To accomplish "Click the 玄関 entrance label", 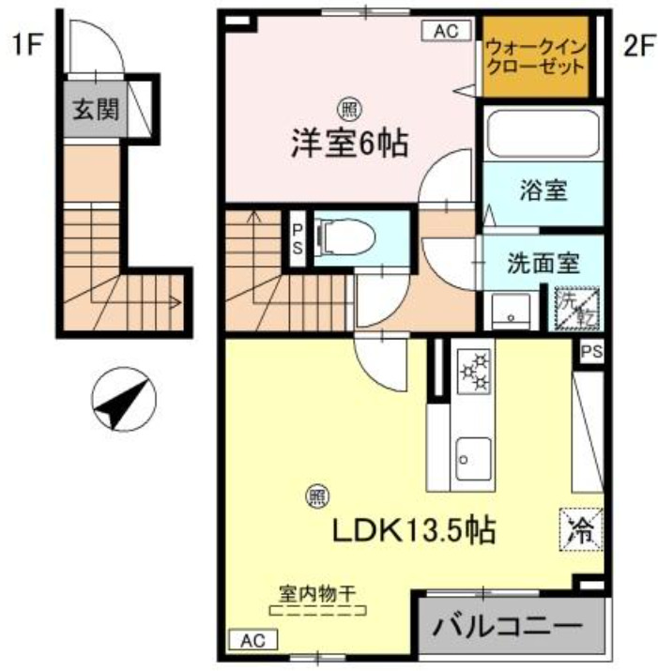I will (x=97, y=110).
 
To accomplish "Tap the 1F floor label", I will (x=27, y=45).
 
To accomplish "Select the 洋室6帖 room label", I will (x=347, y=145).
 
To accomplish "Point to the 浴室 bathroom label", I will (x=543, y=191).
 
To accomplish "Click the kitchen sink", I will (x=471, y=458).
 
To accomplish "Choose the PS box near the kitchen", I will (x=590, y=352).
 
